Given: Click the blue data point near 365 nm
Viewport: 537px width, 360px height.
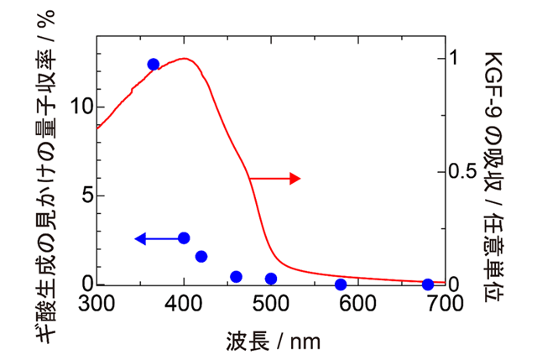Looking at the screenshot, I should [154, 65].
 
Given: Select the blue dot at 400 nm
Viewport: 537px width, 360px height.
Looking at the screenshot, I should [184, 238].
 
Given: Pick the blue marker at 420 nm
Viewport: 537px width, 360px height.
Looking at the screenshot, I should [201, 256].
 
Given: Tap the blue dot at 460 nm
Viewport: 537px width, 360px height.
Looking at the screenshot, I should [236, 277].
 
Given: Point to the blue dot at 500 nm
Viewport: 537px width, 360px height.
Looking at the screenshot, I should [271, 279].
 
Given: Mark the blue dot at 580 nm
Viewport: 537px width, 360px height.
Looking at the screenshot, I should [341, 284].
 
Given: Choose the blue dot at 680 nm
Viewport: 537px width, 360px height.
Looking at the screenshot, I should [428, 284].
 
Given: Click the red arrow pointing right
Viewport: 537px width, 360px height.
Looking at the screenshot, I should [275, 178].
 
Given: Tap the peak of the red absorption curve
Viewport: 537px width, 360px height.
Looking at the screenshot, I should [184, 59].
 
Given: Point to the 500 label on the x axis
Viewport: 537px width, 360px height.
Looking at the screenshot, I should [271, 303].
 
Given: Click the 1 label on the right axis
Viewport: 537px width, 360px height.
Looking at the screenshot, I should [458, 58].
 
